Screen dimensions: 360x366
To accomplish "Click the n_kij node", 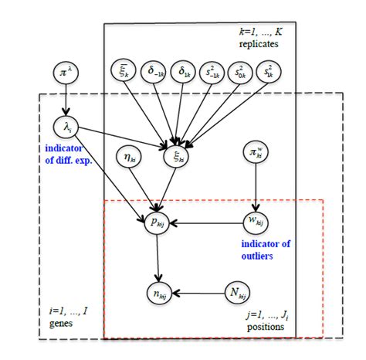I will coord(158,294).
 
